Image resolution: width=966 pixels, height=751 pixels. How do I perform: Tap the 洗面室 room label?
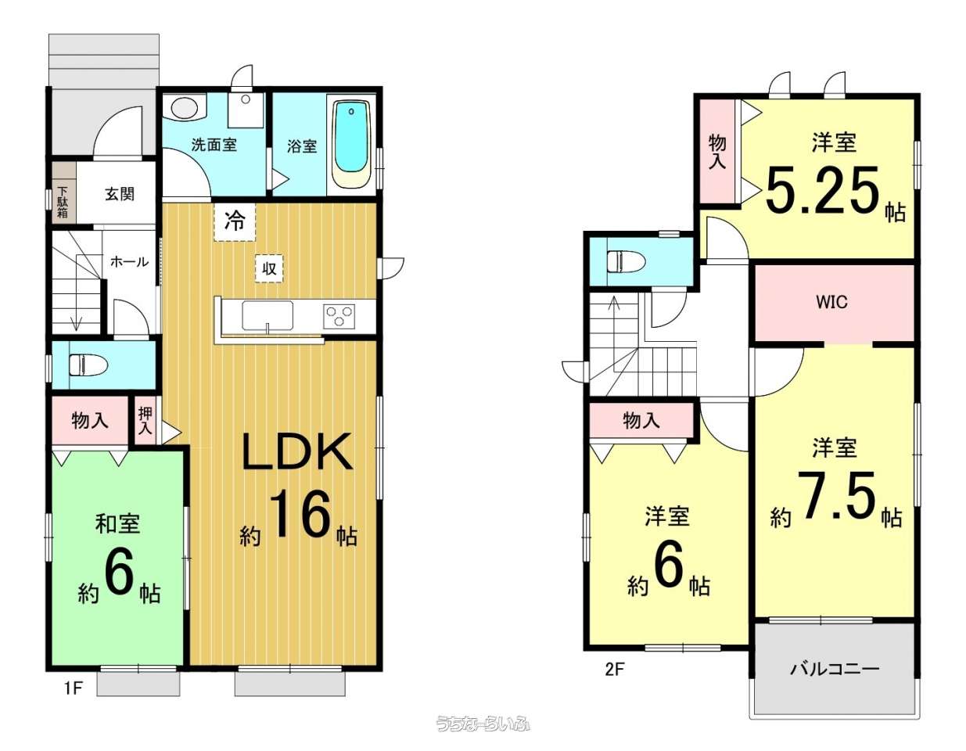click(214, 145)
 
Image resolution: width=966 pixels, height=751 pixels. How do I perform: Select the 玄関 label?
click(120, 194)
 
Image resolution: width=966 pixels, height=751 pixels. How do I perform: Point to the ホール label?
click(129, 262)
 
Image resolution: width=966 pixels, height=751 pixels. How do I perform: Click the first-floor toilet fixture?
click(89, 365)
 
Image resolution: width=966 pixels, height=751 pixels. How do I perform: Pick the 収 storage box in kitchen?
click(269, 268)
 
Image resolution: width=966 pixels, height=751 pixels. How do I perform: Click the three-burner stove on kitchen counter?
click(339, 316)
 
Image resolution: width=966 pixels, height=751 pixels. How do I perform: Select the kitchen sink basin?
click(268, 315)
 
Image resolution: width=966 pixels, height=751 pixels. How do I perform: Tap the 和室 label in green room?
click(118, 524)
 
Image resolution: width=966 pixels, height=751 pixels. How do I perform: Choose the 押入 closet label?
click(145, 420)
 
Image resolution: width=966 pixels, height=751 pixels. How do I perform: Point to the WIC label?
click(831, 303)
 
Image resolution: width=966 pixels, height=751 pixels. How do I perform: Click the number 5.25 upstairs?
click(823, 190)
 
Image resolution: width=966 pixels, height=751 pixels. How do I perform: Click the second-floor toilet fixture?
click(627, 261)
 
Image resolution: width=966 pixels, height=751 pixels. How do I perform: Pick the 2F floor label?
click(616, 681)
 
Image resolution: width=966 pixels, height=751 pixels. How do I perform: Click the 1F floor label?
click(74, 688)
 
